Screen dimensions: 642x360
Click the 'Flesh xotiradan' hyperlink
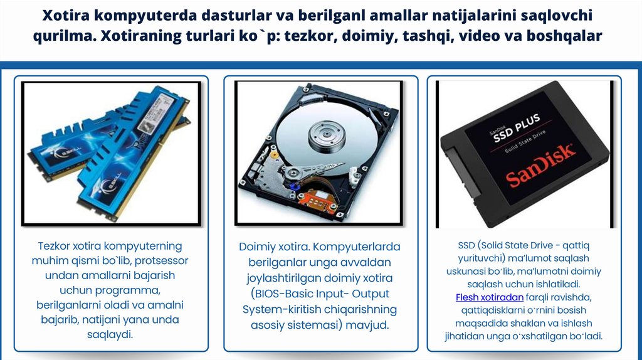pos(489,297)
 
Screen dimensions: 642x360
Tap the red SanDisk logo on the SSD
pos(540,166)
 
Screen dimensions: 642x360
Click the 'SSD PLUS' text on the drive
pos(517,128)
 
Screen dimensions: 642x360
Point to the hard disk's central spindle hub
pos(326,134)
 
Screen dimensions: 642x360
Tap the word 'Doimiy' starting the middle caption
pos(256,246)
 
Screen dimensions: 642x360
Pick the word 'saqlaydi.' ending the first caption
pos(110,334)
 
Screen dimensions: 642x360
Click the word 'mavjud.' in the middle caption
pos(367,325)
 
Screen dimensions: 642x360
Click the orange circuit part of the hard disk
pos(318,199)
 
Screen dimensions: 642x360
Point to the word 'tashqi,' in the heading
pos(427,36)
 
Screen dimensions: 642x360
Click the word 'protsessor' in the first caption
pos(163,260)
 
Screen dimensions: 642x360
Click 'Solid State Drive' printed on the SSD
pos(525,142)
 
